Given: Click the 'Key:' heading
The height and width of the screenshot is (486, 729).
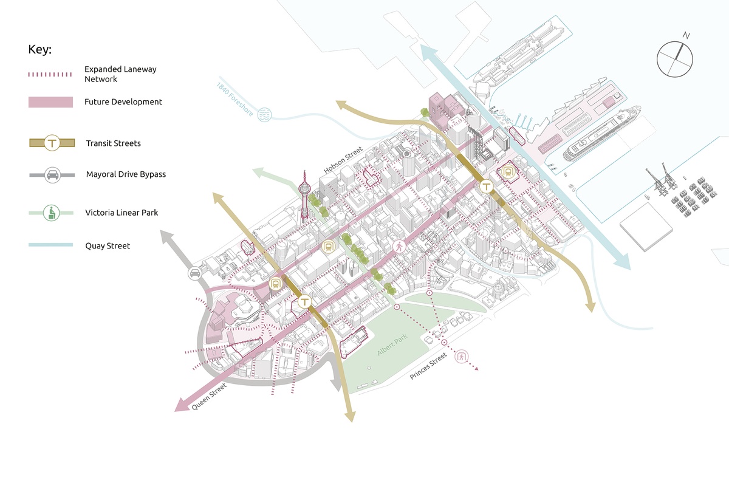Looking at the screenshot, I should [x=40, y=50].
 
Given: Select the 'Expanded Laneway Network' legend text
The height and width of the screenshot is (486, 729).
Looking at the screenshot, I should [x=120, y=74].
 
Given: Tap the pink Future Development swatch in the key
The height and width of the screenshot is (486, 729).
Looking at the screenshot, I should [x=50, y=102].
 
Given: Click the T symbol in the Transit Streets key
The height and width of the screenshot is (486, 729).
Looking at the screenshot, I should [x=52, y=143].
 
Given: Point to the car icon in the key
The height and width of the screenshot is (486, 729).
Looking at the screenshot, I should [x=52, y=175].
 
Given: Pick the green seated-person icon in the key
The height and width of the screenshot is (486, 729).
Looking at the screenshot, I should [x=52, y=213].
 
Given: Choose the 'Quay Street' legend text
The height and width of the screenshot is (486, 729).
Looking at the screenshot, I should [x=107, y=246].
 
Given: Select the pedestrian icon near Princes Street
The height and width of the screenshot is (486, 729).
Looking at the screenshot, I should [x=462, y=357].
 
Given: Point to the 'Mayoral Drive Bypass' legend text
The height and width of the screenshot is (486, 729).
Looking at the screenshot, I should [x=126, y=174].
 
